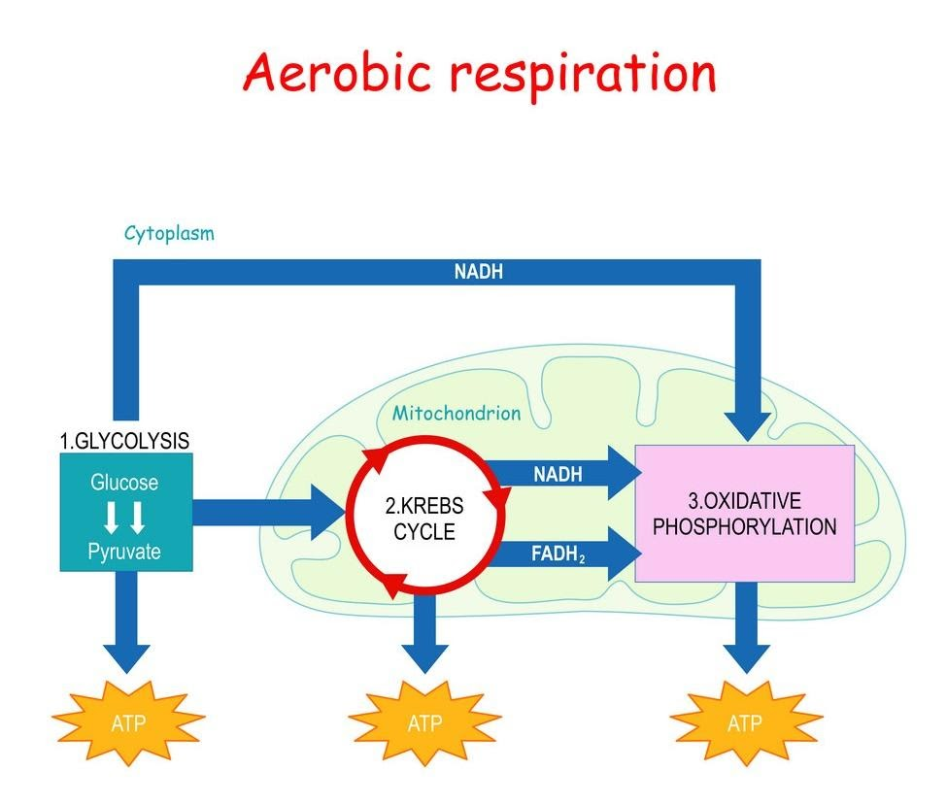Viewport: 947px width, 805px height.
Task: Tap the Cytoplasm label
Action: [x=169, y=233]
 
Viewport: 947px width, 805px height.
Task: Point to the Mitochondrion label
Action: [x=456, y=413]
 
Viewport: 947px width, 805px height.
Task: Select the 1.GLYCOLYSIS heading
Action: [x=124, y=440]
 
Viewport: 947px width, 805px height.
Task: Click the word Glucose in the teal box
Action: [x=123, y=482]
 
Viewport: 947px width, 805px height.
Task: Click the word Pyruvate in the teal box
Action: [x=123, y=552]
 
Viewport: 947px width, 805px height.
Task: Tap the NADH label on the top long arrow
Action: [x=479, y=273]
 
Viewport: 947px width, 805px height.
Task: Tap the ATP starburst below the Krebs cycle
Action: [x=424, y=722]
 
